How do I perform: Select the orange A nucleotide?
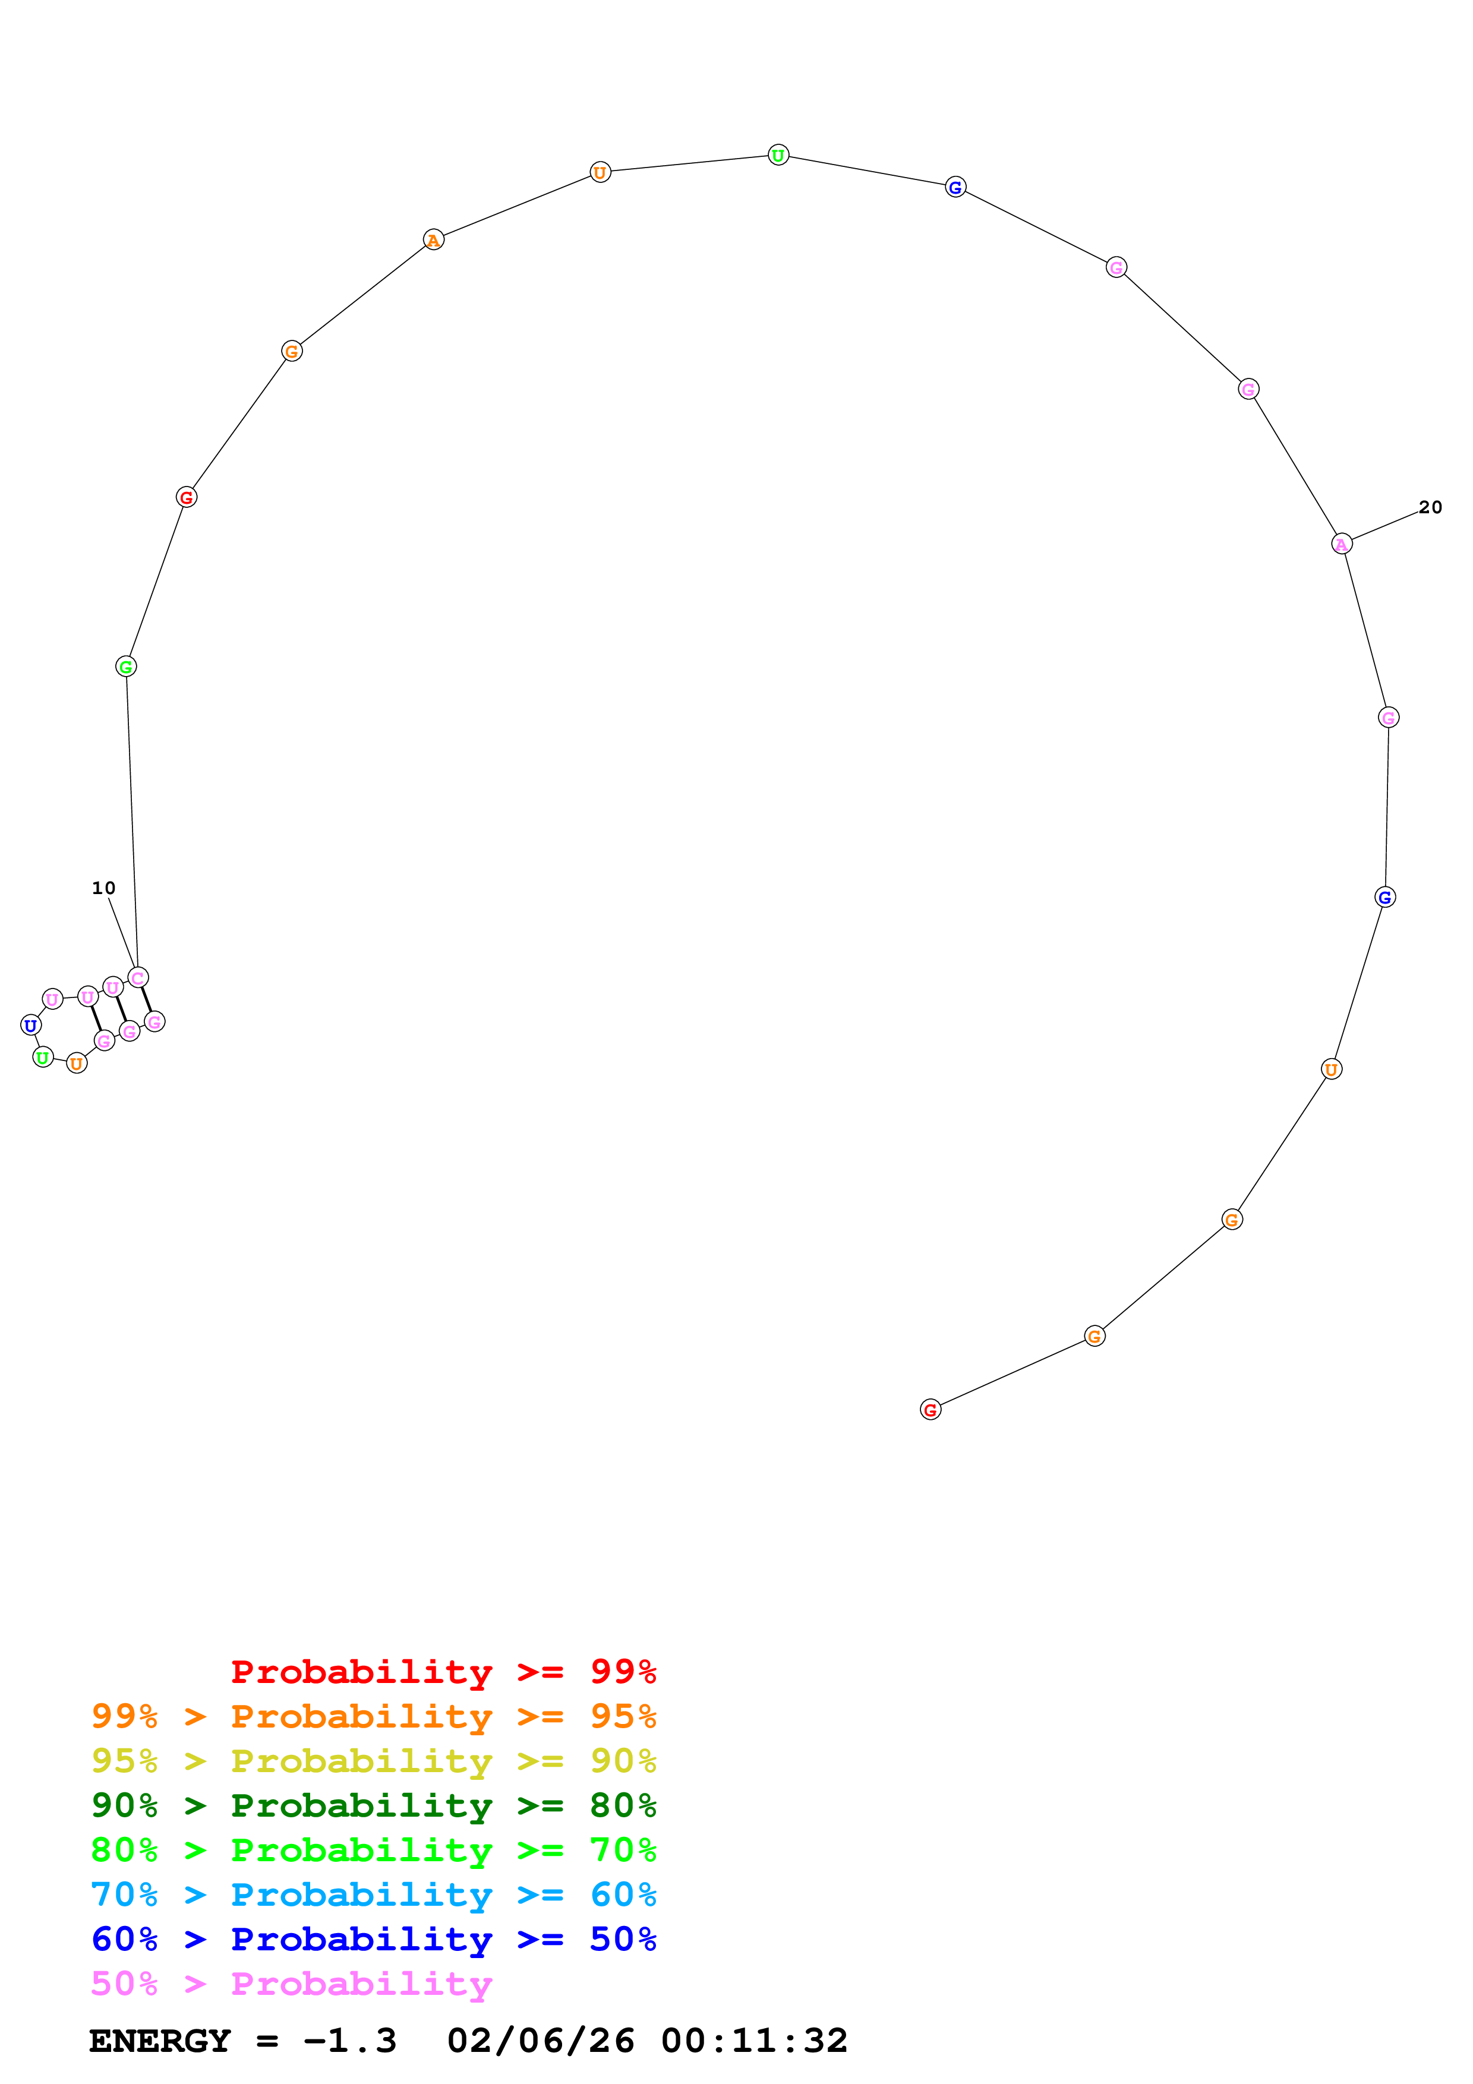pyautogui.click(x=434, y=241)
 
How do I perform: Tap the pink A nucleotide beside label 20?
pyautogui.click(x=1342, y=544)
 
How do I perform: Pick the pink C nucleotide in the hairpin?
pyautogui.click(x=138, y=978)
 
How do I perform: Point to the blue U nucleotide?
pyautogui.click(x=31, y=1025)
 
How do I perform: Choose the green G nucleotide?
pyautogui.click(x=126, y=667)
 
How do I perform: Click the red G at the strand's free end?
pyautogui.click(x=931, y=1410)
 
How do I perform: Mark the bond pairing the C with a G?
pyautogui.click(x=146, y=999)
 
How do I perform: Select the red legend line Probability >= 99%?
pyautogui.click(x=443, y=1671)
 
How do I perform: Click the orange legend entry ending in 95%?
pyautogui.click(x=373, y=1716)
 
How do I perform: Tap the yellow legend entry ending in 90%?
pyautogui.click(x=373, y=1760)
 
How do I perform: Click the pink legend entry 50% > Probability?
pyautogui.click(x=291, y=1983)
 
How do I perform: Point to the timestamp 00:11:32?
pyautogui.click(x=753, y=2041)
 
